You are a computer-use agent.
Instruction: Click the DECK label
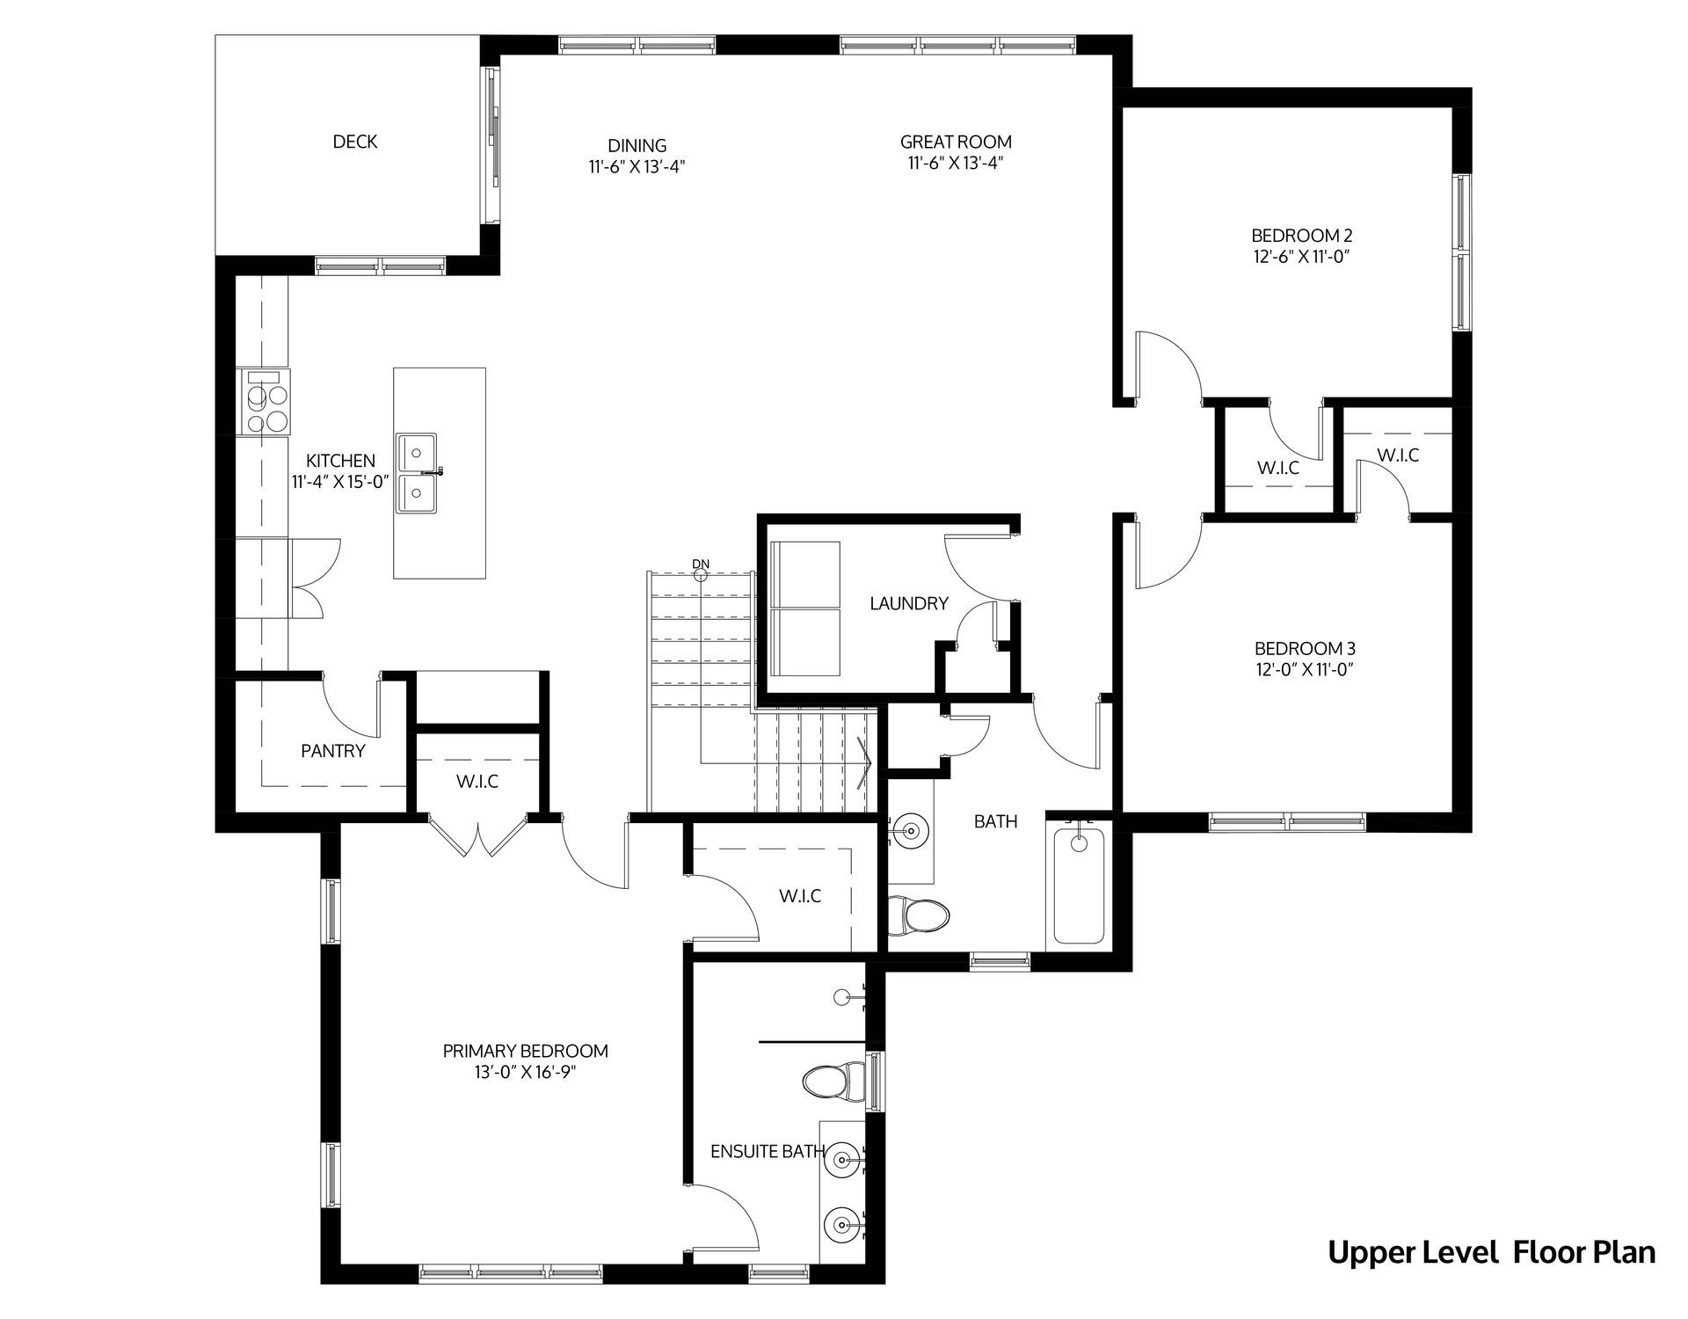(355, 142)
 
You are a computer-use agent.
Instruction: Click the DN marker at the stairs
(701, 565)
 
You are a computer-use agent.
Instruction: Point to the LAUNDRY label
(909, 603)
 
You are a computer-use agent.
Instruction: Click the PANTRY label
(333, 751)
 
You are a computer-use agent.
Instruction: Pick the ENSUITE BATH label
(768, 1152)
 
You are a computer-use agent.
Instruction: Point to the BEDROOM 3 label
(1305, 649)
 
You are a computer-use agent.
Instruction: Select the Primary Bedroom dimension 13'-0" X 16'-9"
(526, 1073)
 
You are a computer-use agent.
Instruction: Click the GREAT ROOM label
(956, 142)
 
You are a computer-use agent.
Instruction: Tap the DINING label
(637, 146)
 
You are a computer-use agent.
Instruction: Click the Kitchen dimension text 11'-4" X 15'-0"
(340, 482)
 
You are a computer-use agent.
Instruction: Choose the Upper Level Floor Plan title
(1491, 1252)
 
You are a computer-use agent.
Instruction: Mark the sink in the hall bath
(911, 829)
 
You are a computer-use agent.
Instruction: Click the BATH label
(996, 821)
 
